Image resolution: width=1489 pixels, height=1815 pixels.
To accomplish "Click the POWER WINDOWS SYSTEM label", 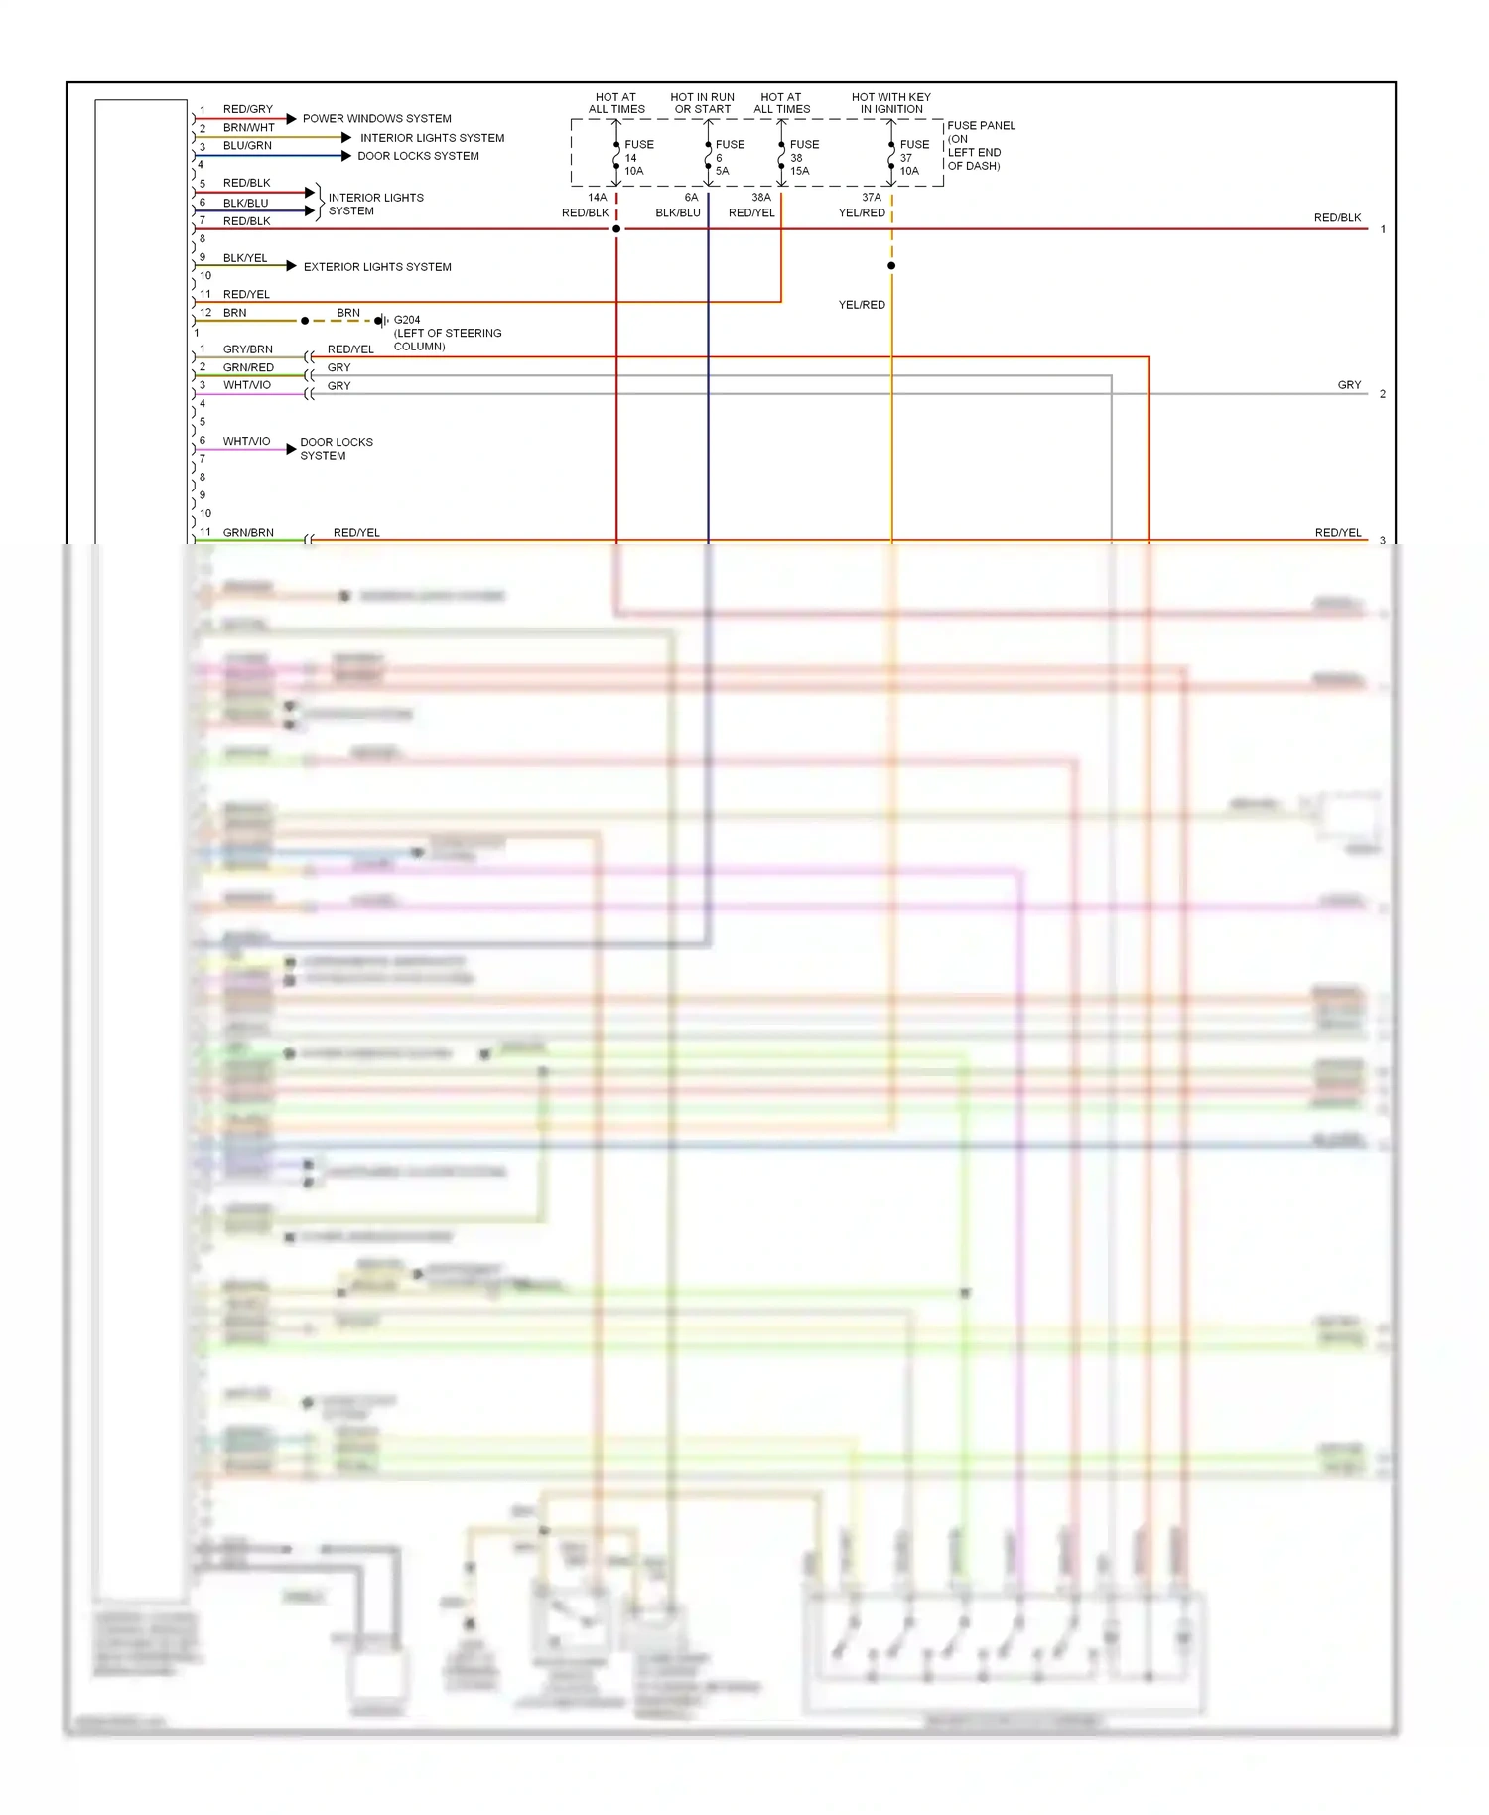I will pos(376,119).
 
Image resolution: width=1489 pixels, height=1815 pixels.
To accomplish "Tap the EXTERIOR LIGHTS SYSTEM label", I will pos(377,267).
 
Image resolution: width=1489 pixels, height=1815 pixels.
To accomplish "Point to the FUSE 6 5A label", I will pos(728,158).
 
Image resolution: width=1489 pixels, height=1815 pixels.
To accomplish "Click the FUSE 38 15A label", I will pos(802,158).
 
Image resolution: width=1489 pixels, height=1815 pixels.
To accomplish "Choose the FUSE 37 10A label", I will pos(912,158).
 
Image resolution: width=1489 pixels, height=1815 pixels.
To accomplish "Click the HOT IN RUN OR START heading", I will pos(702,103).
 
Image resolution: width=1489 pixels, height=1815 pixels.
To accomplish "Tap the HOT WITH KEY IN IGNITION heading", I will pos(890,103).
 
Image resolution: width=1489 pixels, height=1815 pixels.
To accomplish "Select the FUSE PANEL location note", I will pos(980,146).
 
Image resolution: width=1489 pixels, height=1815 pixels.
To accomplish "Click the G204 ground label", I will pos(407,320).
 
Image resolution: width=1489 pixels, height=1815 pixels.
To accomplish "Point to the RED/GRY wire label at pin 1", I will pos(247,109).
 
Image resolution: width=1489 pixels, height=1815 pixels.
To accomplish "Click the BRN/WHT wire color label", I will pos(248,128).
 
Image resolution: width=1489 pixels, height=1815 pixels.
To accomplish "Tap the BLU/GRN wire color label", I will pos(247,146).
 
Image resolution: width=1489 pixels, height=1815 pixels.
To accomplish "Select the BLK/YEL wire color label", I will pos(245,258).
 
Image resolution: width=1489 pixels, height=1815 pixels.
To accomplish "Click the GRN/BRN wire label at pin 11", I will pos(248,533).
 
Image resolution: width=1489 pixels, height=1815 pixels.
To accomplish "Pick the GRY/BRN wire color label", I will pos(247,349).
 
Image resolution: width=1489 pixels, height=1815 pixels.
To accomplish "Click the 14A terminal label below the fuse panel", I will pos(597,198).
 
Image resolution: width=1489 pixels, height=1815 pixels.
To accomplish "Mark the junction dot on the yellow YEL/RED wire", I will pos(891,266).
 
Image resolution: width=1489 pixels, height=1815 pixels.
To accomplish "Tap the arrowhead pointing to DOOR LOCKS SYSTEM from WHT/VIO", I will pos(291,450).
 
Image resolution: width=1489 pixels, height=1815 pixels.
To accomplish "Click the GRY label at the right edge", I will pos(1349,385).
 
